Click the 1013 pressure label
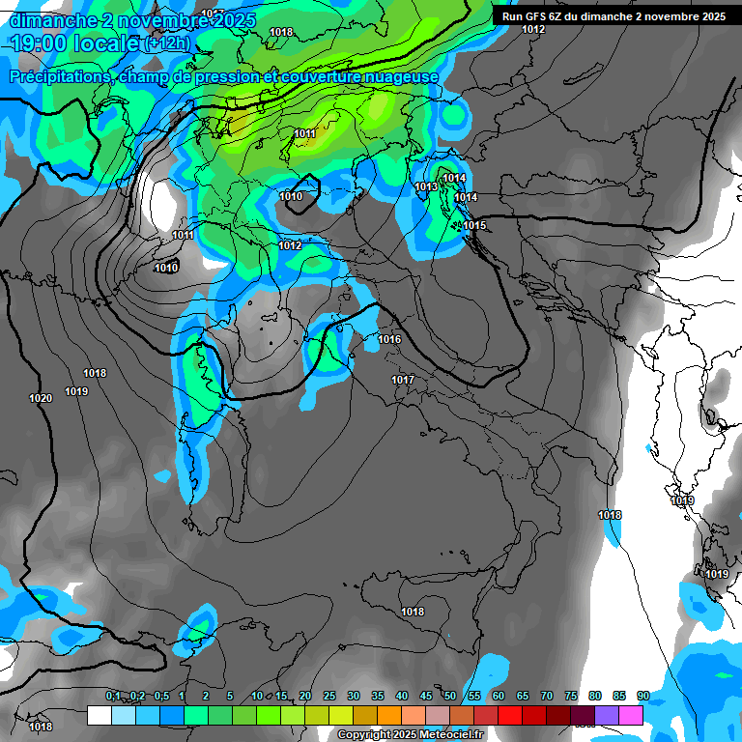pos(425,186)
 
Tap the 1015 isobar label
pos(474,225)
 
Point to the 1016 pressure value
pos(389,339)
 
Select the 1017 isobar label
pos(403,380)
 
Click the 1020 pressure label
pos(41,398)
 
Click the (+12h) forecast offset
pos(170,44)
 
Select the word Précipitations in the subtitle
pos(60,76)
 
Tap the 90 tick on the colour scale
pos(643,696)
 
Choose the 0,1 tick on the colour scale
pos(113,696)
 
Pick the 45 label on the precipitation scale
pos(426,696)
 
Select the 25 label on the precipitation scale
pos(329,696)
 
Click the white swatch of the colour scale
pos(99,715)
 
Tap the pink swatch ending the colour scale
pos(631,715)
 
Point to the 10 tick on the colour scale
pos(257,696)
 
